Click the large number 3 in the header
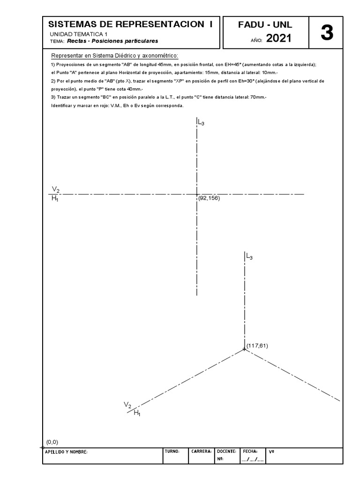327,34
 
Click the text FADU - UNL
265,25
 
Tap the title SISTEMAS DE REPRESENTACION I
130,24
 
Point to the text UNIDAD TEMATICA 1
78,34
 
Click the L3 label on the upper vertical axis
201,123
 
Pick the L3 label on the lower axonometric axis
249,256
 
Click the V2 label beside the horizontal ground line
56,189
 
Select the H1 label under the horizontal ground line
55,199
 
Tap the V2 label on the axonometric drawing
127,404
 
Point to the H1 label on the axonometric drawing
137,412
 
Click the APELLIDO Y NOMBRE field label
66,452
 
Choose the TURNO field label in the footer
172,451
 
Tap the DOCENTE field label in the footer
227,451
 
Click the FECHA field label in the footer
250,451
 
